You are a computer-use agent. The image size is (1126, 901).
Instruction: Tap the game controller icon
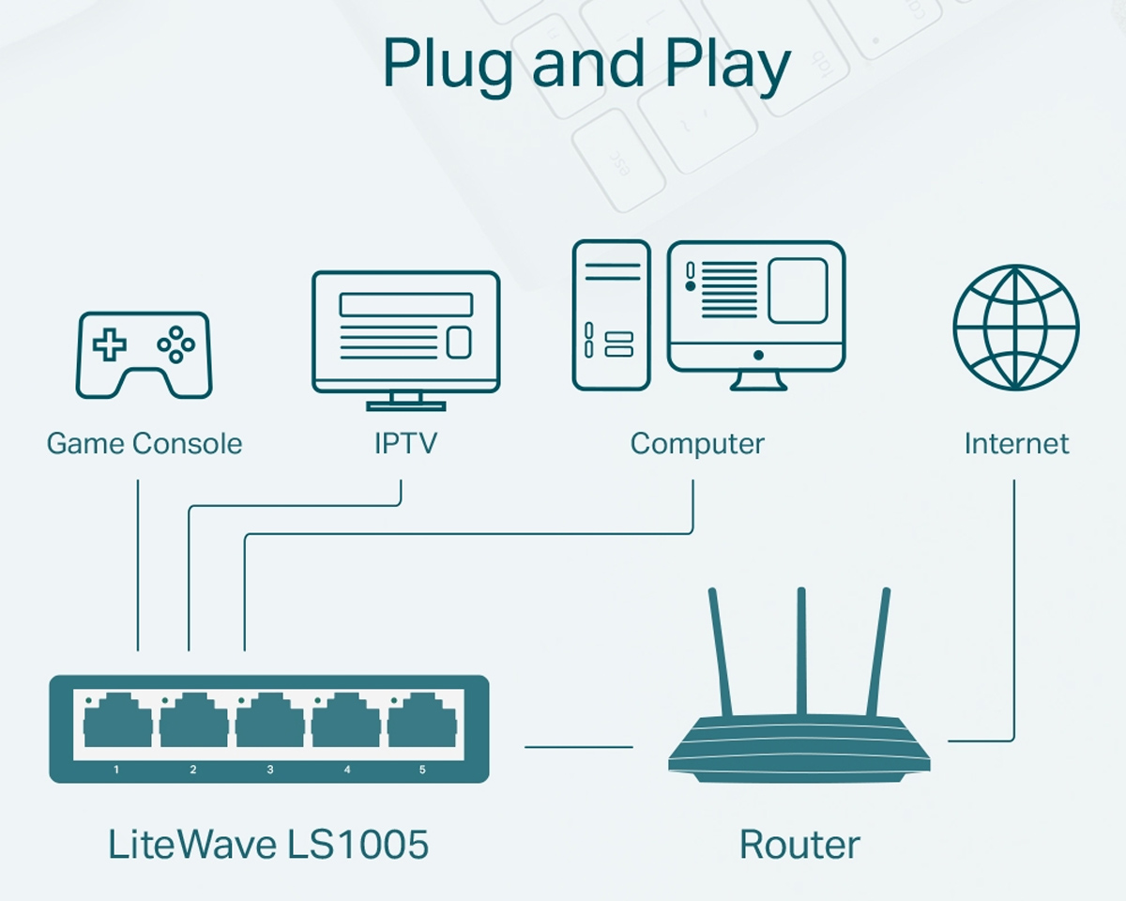click(144, 355)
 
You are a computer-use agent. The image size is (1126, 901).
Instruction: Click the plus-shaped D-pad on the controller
click(109, 344)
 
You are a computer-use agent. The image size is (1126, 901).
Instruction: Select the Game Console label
click(145, 443)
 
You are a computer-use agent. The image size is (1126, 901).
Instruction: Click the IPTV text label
click(405, 443)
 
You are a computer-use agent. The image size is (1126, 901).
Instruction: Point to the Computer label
click(697, 443)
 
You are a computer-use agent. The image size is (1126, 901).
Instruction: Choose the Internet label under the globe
click(1016, 443)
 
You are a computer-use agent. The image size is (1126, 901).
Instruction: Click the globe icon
click(1016, 328)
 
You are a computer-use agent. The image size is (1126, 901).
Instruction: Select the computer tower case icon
click(611, 314)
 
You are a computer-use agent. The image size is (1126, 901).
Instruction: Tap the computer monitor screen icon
click(756, 305)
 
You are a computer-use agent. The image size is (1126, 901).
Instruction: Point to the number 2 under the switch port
click(193, 770)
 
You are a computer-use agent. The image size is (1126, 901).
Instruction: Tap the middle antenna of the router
click(801, 652)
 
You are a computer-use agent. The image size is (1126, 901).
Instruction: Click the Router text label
click(799, 845)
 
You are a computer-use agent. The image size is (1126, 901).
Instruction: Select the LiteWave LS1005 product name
click(268, 844)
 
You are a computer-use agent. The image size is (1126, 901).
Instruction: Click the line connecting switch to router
click(578, 747)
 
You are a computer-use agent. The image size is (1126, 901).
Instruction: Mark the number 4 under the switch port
click(347, 770)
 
